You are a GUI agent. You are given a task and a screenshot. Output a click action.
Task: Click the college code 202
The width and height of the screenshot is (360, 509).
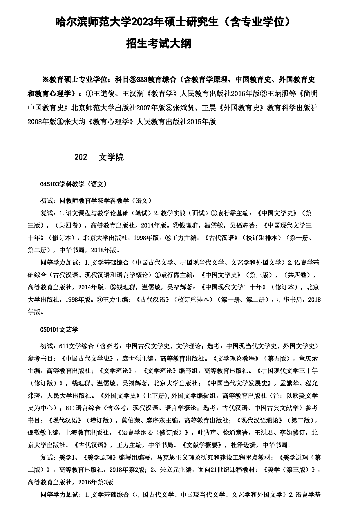(x=81, y=157)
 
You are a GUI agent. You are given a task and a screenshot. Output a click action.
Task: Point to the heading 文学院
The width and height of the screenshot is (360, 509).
(x=111, y=157)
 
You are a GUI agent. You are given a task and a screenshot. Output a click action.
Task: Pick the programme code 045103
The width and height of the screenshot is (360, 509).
(x=50, y=184)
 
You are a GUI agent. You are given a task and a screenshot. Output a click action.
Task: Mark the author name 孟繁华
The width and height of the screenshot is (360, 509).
(x=290, y=383)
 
